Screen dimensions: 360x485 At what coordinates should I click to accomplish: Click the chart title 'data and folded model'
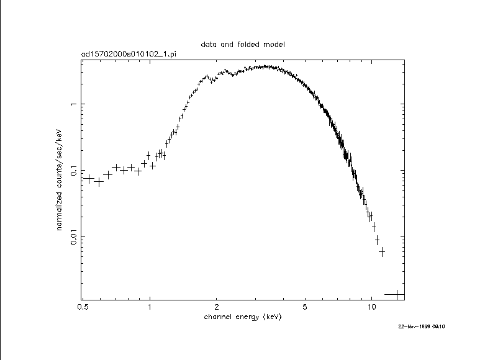[x=243, y=45]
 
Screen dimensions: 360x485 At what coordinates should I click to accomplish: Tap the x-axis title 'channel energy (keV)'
[x=243, y=317]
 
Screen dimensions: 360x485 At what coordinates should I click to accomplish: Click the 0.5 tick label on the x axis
[x=83, y=307]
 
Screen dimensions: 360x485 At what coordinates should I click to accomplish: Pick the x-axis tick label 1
[x=150, y=307]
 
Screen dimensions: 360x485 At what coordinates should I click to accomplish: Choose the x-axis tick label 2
[x=216, y=307]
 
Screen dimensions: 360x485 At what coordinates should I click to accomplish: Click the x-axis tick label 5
[x=305, y=307]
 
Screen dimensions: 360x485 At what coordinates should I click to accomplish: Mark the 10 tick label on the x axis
[x=371, y=307]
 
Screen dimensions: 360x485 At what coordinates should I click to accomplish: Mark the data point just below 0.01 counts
[x=377, y=240]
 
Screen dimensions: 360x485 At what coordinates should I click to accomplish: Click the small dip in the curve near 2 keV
[x=213, y=79]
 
